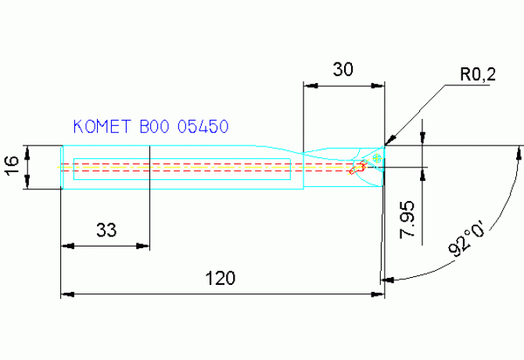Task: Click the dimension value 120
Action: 221,278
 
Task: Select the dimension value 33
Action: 106,229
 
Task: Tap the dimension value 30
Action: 343,69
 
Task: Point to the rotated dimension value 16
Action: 11,166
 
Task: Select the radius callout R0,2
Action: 477,75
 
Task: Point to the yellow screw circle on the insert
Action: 377,159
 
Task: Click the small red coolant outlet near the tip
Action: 359,167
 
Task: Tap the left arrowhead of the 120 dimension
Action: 66,295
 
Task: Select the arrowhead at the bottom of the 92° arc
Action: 385,278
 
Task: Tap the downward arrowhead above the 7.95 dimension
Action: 423,140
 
